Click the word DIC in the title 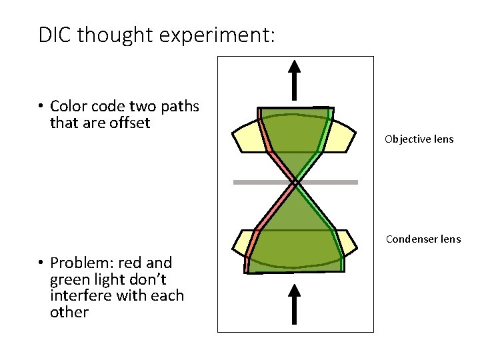coord(55,34)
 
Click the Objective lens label coord(419,139)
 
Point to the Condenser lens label coord(423,239)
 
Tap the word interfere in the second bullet coord(77,295)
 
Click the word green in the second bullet coord(69,279)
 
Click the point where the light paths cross coord(294,182)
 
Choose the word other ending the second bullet coord(69,312)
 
